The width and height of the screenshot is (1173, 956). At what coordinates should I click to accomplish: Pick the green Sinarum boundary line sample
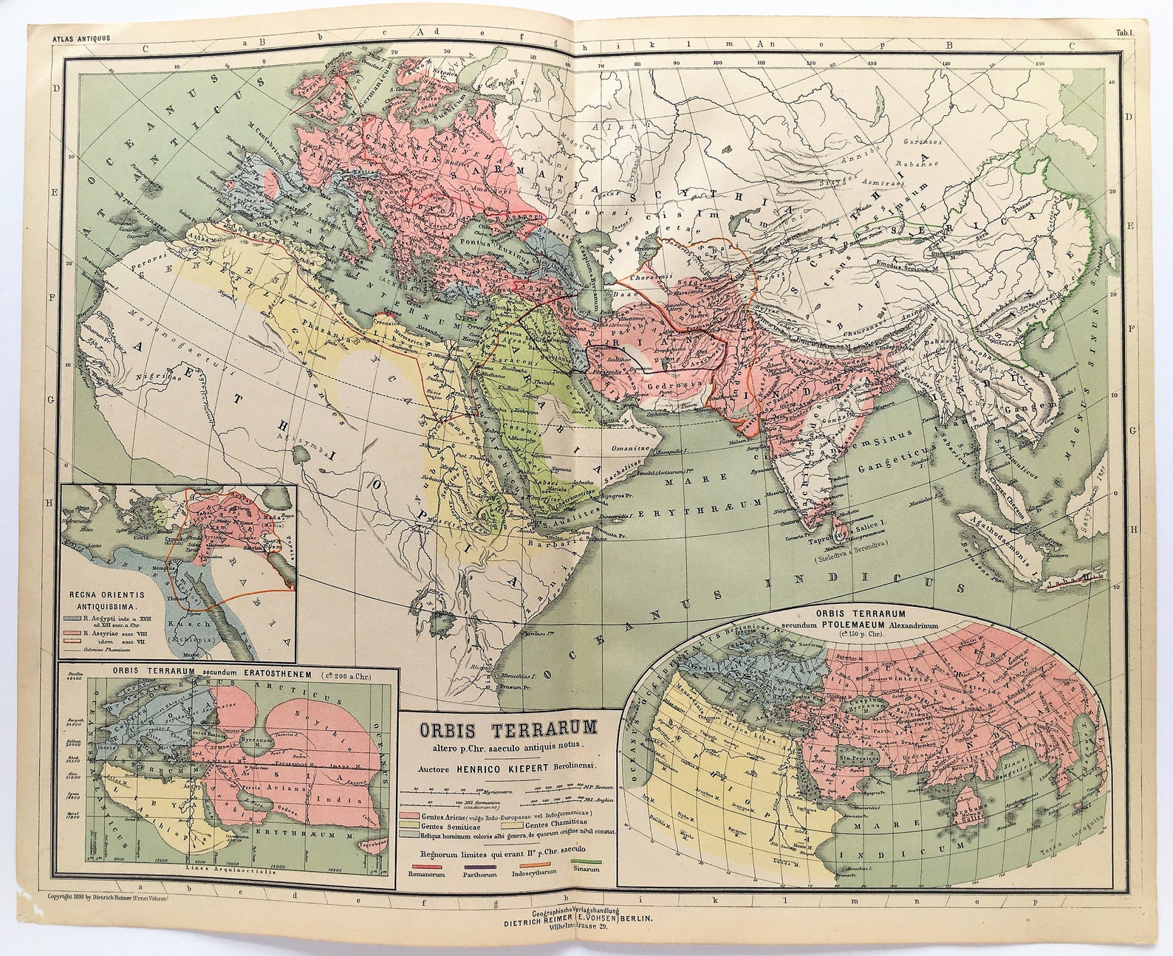[586, 859]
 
